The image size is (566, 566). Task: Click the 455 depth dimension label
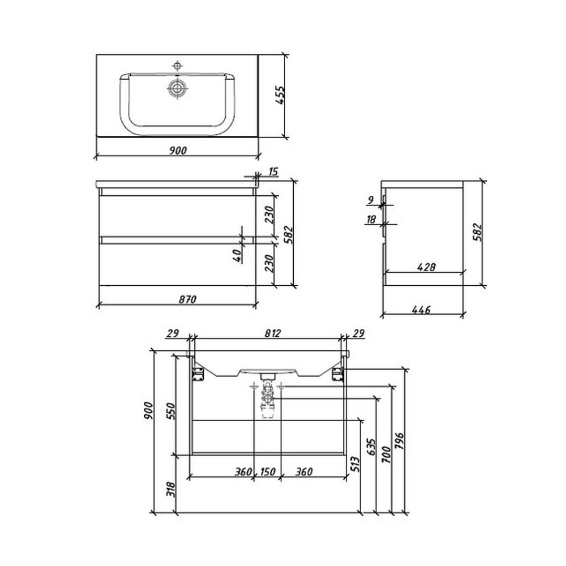click(x=281, y=95)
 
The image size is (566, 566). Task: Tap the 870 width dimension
click(x=187, y=299)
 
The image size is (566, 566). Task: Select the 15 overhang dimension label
click(x=273, y=171)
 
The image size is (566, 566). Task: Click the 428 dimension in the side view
click(x=426, y=267)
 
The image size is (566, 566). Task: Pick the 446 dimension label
click(x=421, y=310)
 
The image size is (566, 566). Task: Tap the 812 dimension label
click(x=273, y=333)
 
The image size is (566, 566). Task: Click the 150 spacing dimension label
click(x=268, y=471)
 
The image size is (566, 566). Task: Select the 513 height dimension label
click(x=355, y=464)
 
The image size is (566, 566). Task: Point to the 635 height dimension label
click(x=371, y=448)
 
